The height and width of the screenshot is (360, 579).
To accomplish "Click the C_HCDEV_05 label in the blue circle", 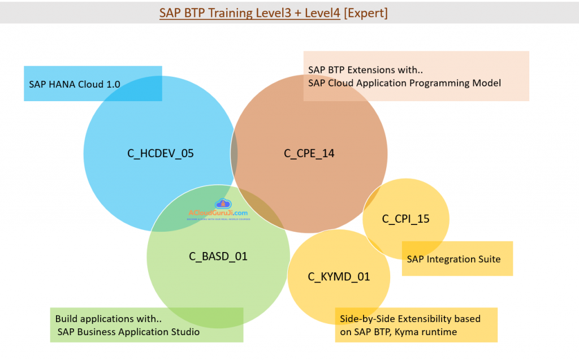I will tap(161, 153).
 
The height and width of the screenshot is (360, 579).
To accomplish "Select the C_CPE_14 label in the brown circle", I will tap(309, 153).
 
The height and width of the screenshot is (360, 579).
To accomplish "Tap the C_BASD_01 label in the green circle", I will tap(218, 256).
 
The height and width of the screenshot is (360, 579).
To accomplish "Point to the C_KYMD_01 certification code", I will tap(339, 276).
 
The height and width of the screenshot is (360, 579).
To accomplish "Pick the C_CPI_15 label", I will tap(406, 219).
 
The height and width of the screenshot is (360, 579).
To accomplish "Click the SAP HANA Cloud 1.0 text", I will tap(75, 84).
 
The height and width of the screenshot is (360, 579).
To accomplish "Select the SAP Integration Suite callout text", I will tap(453, 259).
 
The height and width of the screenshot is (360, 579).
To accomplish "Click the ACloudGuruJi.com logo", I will tap(218, 210).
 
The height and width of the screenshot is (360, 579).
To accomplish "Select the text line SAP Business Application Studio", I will tap(128, 332).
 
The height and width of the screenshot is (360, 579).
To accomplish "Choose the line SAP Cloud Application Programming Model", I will tap(404, 83).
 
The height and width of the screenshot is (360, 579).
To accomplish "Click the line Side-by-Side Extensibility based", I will tap(410, 319).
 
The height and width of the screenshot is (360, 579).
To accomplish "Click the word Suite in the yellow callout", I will tap(488, 259).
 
